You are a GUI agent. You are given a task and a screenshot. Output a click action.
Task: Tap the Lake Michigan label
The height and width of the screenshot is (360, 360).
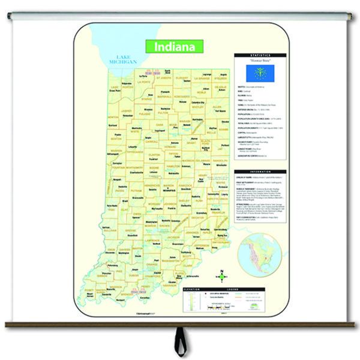point(122,58)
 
